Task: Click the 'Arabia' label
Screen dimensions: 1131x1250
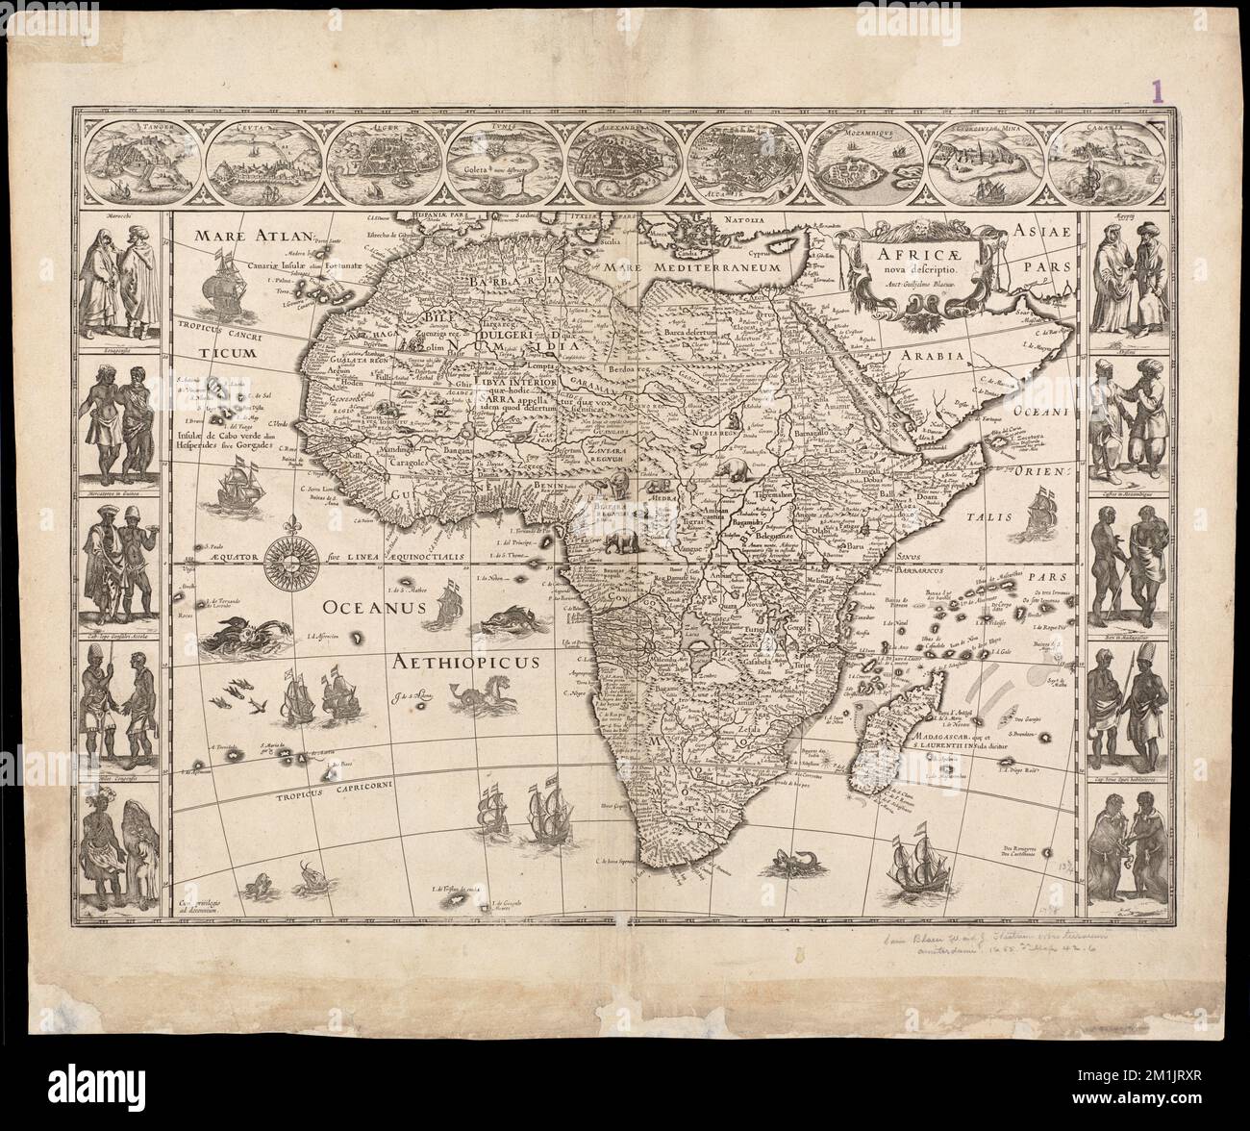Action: tap(932, 355)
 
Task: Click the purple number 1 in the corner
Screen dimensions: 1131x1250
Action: tap(1158, 91)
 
